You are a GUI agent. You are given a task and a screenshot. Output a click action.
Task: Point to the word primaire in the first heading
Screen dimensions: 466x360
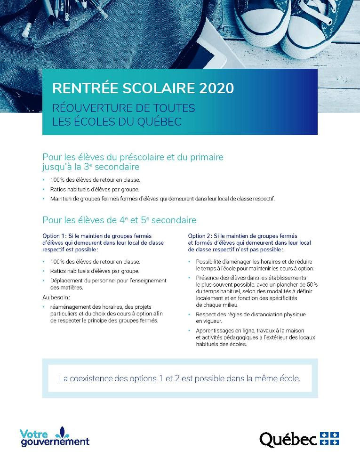pos(205,157)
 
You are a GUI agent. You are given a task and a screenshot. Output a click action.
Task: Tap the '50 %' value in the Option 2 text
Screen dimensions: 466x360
pos(311,285)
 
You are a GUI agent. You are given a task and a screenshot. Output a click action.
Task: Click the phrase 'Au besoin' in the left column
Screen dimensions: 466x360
pos(56,297)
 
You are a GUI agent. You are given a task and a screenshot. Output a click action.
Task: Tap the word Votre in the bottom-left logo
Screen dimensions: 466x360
pos(33,434)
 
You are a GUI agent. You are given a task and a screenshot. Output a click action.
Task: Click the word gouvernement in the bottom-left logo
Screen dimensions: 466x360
pos(55,442)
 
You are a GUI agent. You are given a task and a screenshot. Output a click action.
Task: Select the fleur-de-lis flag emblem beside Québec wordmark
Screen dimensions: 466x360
pos(329,439)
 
